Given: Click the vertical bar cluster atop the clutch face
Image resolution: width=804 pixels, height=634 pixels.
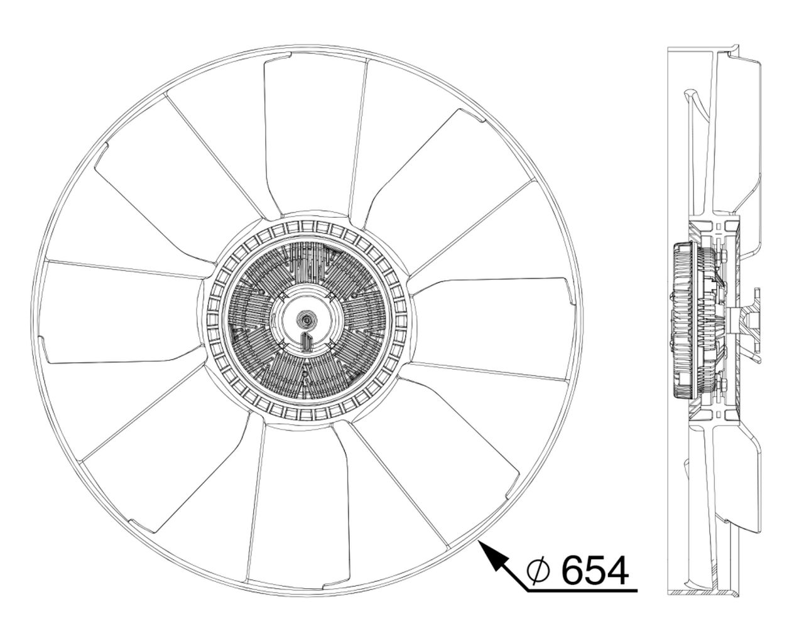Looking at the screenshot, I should (308, 264).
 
